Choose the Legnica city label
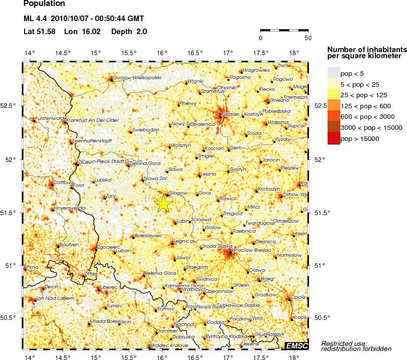[183, 241]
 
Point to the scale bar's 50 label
[308, 38]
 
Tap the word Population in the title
[44, 4]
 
